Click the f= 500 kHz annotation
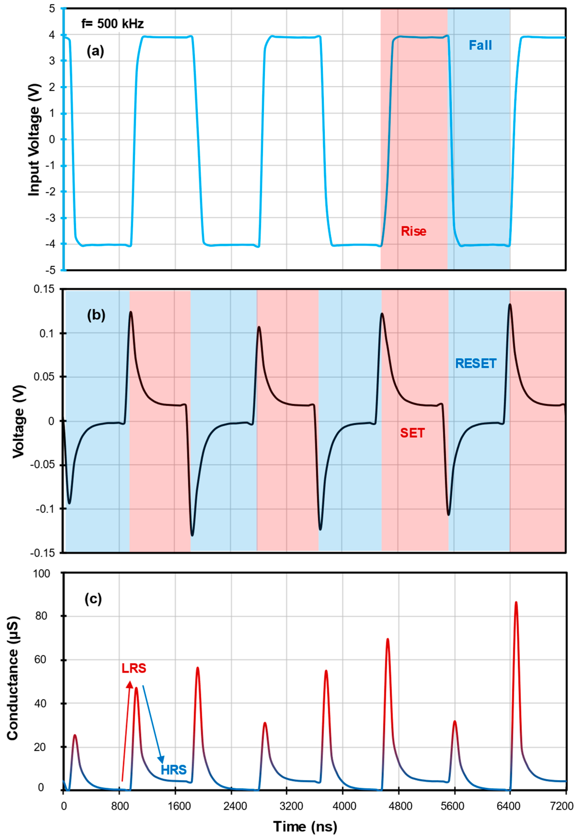pos(113,24)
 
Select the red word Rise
pos(414,231)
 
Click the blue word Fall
pos(480,46)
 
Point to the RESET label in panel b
pos(476,364)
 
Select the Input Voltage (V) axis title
pos(34,140)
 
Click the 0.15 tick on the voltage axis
pos(44,289)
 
